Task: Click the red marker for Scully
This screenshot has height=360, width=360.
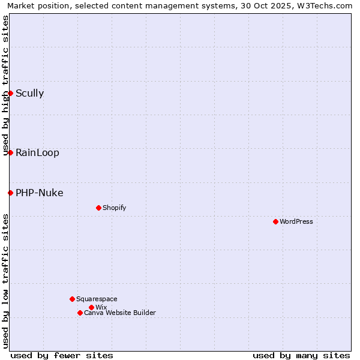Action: point(10,93)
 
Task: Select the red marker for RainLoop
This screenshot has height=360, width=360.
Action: point(10,152)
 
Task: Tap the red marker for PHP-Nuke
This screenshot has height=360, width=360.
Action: point(10,193)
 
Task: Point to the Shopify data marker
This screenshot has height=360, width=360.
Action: point(98,208)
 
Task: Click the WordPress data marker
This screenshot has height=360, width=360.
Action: point(275,221)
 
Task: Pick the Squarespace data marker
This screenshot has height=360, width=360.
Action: point(72,299)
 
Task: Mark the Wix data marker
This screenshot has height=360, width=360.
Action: point(91,307)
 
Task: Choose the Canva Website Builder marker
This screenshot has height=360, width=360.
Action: point(80,313)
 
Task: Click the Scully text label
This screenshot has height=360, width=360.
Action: point(29,93)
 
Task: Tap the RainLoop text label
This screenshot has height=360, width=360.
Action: point(37,152)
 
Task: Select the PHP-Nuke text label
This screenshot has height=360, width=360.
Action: point(39,193)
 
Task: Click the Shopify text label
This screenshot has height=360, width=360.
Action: point(114,208)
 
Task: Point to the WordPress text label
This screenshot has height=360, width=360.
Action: point(296,221)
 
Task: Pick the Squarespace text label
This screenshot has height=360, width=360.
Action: point(97,299)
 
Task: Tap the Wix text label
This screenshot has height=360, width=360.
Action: point(101,307)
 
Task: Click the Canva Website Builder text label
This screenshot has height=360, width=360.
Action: point(120,313)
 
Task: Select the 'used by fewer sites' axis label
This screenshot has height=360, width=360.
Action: point(62,355)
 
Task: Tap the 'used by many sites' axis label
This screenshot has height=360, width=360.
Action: point(301,355)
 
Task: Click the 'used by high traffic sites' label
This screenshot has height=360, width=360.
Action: point(5,85)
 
